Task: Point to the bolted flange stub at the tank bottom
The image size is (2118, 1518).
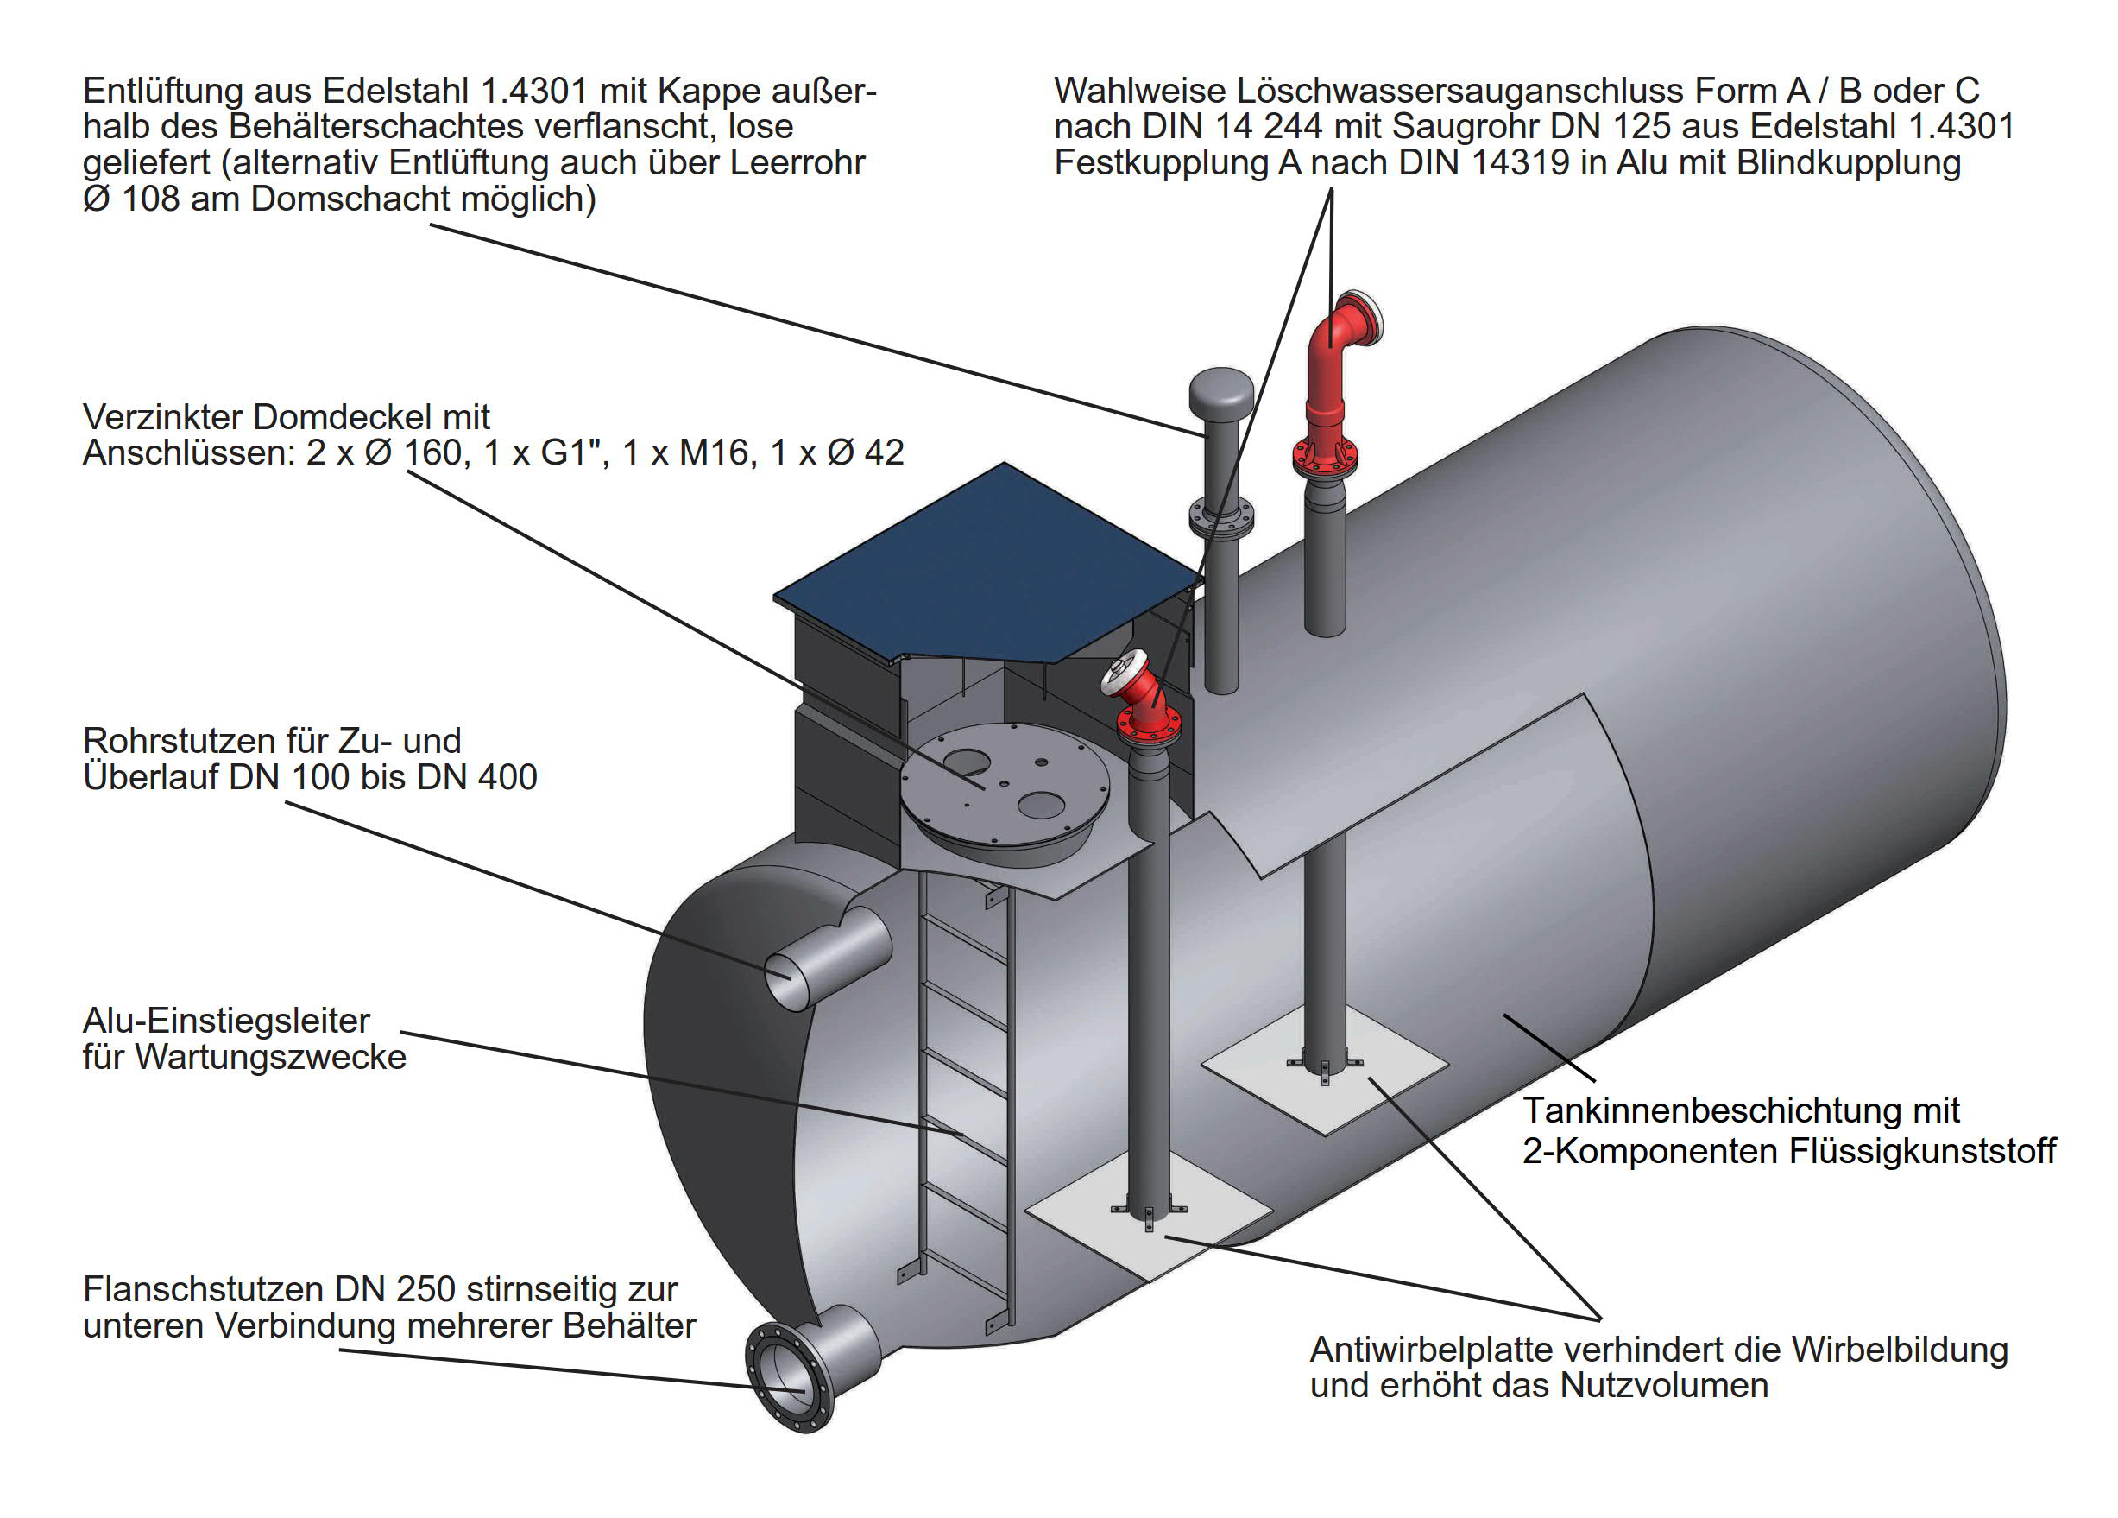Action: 789,1376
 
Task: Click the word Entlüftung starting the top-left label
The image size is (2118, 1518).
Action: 162,91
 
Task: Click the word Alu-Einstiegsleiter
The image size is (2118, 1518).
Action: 226,1020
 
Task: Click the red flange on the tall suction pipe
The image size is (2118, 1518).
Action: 1325,455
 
